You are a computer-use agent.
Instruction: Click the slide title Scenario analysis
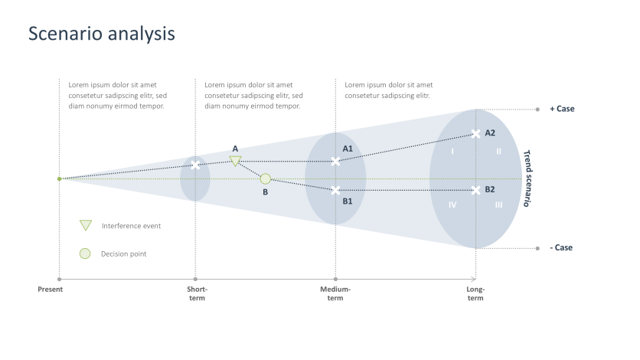102,34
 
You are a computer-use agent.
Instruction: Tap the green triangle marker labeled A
236,161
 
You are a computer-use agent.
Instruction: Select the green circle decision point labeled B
265,178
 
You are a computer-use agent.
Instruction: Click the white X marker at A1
335,161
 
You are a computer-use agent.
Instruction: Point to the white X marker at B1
335,190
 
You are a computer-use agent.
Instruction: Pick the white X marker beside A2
476,134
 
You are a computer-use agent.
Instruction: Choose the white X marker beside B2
476,190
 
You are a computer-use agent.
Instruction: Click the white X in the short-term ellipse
195,165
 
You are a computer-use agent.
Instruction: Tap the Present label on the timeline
51,290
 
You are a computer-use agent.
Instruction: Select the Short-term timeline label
197,293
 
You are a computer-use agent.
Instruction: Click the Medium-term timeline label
335,293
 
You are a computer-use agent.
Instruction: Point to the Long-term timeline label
475,293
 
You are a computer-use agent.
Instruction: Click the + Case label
562,109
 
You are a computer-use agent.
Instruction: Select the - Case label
561,247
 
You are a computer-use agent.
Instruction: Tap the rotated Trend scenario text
527,178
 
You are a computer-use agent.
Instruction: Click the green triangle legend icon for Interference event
86,225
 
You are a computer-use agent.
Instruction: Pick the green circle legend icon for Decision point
85,254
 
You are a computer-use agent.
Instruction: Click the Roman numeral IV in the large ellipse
452,205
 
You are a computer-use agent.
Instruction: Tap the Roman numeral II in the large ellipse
498,152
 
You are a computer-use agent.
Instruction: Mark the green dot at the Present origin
59,178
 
